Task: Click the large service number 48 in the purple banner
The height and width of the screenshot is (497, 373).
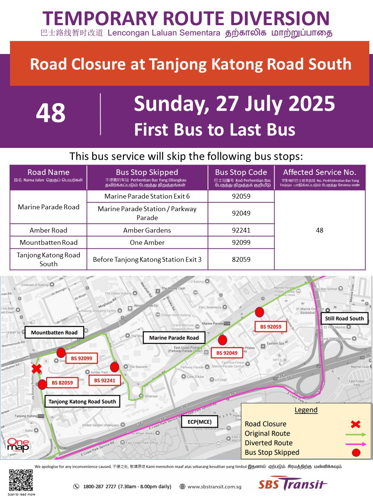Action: (51, 113)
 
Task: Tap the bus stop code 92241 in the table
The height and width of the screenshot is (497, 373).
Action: (241, 230)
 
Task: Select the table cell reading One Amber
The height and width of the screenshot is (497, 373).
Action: (147, 243)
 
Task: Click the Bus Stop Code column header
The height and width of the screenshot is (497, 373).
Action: (241, 172)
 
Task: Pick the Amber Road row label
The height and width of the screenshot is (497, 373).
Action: (48, 230)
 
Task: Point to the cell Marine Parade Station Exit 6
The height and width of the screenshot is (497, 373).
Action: (147, 196)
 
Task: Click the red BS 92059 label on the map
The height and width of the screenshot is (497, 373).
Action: (270, 327)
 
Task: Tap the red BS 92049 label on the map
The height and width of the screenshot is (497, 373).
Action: (227, 353)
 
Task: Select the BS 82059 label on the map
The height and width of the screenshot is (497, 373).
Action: (62, 383)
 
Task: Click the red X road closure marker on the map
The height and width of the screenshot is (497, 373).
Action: (36, 368)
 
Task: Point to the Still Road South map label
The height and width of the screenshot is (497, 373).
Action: (344, 318)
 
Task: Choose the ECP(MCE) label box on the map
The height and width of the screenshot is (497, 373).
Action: (199, 422)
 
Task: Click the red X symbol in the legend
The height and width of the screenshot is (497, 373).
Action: (356, 424)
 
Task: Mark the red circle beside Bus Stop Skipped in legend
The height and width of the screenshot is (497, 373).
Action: (356, 452)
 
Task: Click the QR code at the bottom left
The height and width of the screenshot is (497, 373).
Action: (21, 480)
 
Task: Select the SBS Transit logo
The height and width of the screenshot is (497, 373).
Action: (292, 484)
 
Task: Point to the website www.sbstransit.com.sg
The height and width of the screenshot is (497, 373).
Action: (214, 487)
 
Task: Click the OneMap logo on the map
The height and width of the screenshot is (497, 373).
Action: (18, 445)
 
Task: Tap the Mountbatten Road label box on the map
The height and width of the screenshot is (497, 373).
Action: (54, 332)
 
